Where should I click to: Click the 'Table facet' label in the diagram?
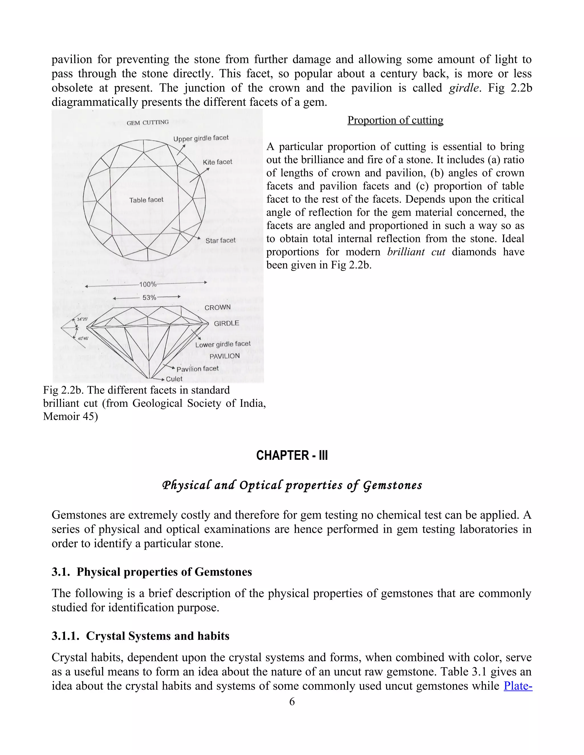pos(146,200)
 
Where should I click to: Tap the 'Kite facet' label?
pos(217,162)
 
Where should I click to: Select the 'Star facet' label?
pos(220,240)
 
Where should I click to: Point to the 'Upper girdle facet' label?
pos(201,138)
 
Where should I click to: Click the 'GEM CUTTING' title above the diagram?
pos(147,123)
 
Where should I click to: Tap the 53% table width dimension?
pos(149,297)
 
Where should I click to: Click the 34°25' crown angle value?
pos(82,319)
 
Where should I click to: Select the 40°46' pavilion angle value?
pos(83,338)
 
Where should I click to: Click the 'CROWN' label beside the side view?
pos(217,307)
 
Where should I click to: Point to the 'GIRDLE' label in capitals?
pos(226,323)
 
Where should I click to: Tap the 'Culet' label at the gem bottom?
pos(174,379)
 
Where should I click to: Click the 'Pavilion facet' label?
pos(198,369)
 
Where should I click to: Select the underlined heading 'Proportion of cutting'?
pos(395,120)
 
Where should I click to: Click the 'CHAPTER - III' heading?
pos(292,455)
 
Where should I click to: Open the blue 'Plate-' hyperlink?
pos(518,685)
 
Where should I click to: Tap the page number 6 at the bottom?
pos(292,701)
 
